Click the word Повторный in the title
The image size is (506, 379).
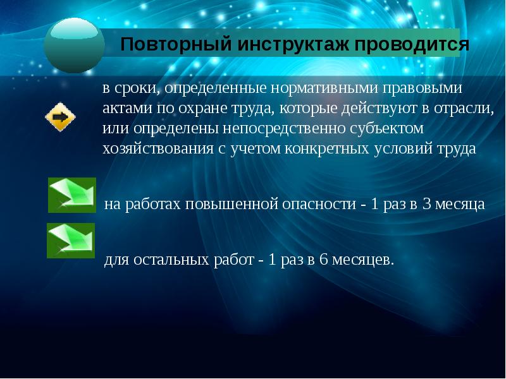(176, 44)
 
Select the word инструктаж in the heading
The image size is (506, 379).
(293, 44)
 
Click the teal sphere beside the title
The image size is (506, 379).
(74, 45)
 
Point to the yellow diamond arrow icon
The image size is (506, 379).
(60, 117)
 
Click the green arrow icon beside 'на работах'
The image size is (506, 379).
(72, 195)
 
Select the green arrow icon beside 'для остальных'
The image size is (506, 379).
(71, 241)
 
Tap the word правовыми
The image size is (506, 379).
(423, 88)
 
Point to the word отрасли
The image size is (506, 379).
(464, 109)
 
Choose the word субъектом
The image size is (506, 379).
(386, 129)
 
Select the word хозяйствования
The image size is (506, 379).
(158, 149)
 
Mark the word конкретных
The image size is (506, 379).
(327, 149)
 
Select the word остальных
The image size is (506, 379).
(171, 260)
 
